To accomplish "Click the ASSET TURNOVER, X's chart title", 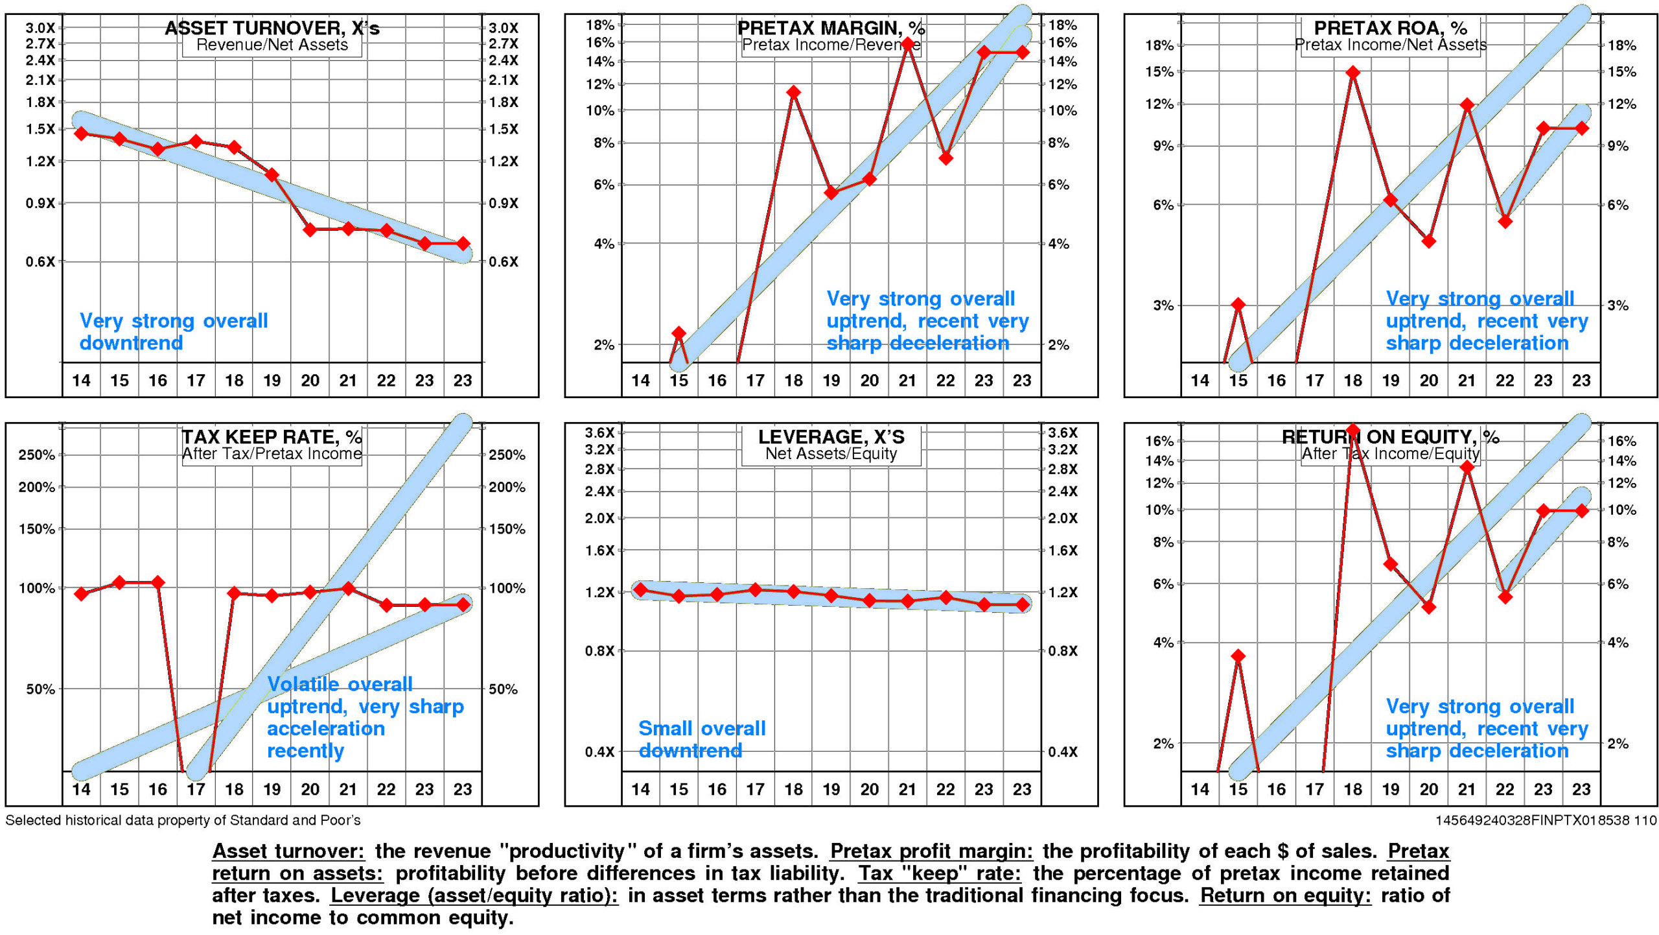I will click(272, 28).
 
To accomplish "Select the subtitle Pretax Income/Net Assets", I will click(1391, 45).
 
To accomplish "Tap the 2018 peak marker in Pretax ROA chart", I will click(1352, 73).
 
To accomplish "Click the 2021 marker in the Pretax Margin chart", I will click(908, 44).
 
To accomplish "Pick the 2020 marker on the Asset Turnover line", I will click(310, 230).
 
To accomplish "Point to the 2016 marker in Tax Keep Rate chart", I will click(157, 582).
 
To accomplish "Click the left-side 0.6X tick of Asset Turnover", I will click(40, 262).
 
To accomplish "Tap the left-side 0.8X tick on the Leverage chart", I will click(599, 651).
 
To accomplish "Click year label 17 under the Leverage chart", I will click(755, 790).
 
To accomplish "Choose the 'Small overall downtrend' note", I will click(702, 740).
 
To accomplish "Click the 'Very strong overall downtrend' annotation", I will click(173, 332).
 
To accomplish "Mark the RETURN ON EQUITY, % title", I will click(1390, 437).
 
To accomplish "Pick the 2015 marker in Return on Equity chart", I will click(1238, 656).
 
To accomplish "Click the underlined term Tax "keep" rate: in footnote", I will click(940, 873).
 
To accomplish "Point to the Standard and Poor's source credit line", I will click(183, 820).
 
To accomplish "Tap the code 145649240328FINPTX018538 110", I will click(1546, 820).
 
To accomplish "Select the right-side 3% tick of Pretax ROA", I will click(1618, 305).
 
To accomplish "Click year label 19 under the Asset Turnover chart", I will click(272, 381).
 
